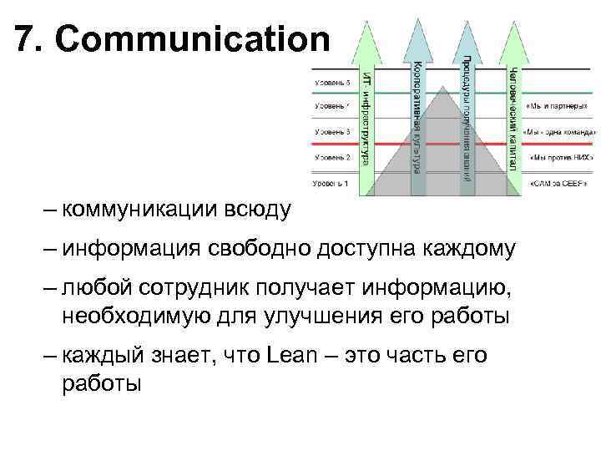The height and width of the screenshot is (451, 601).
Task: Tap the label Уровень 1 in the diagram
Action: (330, 182)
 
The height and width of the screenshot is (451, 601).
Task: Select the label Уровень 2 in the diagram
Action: (331, 157)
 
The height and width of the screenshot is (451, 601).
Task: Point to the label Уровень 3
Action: (331, 132)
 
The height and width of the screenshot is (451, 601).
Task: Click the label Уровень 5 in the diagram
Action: (331, 83)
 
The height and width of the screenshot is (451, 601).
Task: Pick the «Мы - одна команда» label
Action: (559, 132)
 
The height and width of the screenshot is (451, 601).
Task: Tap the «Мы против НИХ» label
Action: (558, 157)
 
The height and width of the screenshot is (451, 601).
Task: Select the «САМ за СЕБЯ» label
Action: (557, 182)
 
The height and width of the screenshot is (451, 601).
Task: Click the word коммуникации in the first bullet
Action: (134, 209)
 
